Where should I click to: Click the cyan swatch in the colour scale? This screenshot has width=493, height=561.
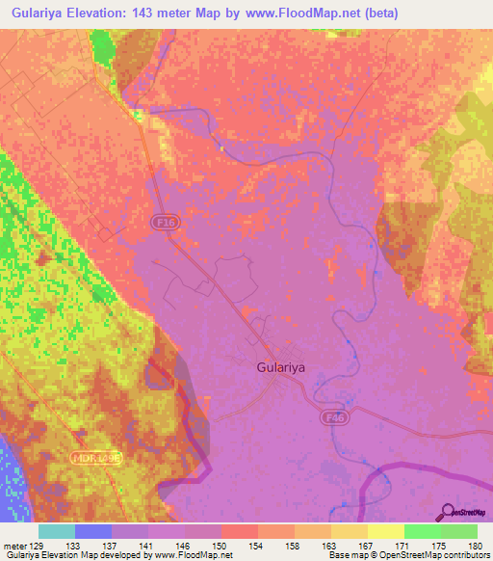click(x=57, y=531)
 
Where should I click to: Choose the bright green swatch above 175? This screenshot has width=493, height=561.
click(x=423, y=531)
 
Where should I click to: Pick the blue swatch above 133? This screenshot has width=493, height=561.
click(x=93, y=531)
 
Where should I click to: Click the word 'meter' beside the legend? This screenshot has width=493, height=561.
click(x=16, y=545)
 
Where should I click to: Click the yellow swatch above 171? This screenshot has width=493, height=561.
click(x=386, y=531)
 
